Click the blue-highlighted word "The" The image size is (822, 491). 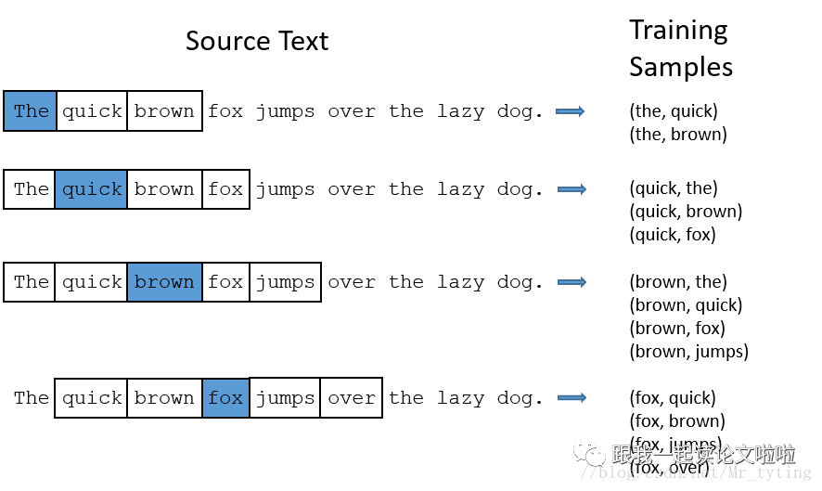31,111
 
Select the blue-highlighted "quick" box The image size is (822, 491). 91,189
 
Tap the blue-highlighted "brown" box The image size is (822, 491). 164,282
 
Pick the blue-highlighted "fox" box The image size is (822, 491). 225,398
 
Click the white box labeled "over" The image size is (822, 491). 351,398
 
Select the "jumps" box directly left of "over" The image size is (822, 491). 285,398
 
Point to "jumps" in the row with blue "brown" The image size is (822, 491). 285,282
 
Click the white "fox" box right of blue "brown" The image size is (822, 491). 225,282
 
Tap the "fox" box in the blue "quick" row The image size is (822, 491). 225,189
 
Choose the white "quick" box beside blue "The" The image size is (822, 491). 92,111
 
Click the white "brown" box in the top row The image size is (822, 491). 164,111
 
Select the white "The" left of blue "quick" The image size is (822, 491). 31,189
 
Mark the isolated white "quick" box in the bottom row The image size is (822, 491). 91,398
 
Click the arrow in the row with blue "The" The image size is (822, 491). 571,111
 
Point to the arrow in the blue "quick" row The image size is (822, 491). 572,189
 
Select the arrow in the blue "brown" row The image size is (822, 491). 572,282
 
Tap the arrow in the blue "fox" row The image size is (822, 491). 572,397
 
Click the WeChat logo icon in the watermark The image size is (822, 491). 589,452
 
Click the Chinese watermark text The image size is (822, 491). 702,455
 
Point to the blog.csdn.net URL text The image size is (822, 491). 695,473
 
